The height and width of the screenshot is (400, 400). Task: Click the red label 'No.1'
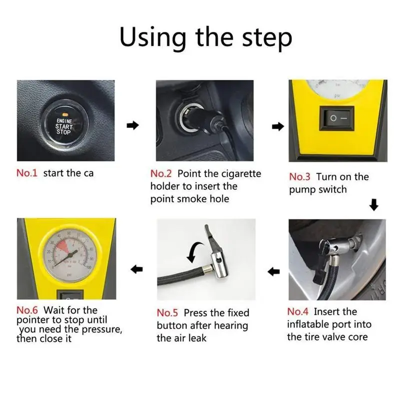[27, 173]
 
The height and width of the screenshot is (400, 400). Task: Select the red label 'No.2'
[161, 173]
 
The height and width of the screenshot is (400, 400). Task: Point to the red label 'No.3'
[299, 177]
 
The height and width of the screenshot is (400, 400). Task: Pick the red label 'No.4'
[297, 311]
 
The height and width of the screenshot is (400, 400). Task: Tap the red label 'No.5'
[167, 313]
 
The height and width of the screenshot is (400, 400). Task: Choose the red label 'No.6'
[27, 310]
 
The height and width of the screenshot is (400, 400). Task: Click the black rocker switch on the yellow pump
[336, 118]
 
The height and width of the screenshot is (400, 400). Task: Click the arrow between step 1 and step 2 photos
[132, 125]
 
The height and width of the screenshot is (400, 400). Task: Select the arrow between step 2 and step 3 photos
[278, 126]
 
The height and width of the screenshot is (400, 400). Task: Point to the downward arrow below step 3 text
[374, 205]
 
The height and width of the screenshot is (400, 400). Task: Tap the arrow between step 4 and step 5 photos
[273, 271]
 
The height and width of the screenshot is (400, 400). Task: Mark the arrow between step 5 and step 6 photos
[136, 269]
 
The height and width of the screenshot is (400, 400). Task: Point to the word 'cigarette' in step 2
[241, 174]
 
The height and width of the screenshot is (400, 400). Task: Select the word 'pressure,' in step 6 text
[102, 329]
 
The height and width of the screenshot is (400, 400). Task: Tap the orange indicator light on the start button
[64, 114]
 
